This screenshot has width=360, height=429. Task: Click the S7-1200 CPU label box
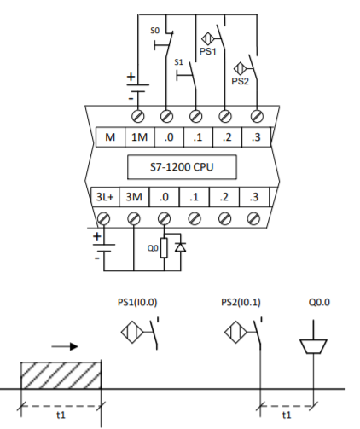pyautogui.click(x=182, y=167)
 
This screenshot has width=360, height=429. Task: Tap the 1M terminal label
pyautogui.click(x=139, y=137)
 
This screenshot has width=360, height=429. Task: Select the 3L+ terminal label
pyautogui.click(x=105, y=197)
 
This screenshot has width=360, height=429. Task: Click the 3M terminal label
pyautogui.click(x=134, y=197)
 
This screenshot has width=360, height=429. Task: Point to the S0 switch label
pyautogui.click(x=155, y=31)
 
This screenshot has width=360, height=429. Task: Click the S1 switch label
pyautogui.click(x=178, y=62)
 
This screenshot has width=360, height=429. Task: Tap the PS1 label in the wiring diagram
pyautogui.click(x=208, y=51)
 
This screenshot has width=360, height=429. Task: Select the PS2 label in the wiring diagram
pyautogui.click(x=240, y=81)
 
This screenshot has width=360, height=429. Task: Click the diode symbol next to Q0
pyautogui.click(x=181, y=247)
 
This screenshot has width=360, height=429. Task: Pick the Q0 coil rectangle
pyautogui.click(x=164, y=248)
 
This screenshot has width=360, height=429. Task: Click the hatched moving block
pyautogui.click(x=61, y=375)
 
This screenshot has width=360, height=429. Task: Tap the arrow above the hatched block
pyautogui.click(x=65, y=346)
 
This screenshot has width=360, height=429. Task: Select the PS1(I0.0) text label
pyautogui.click(x=137, y=302)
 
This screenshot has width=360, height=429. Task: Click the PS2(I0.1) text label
pyautogui.click(x=241, y=302)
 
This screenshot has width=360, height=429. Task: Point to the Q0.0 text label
pyautogui.click(x=319, y=302)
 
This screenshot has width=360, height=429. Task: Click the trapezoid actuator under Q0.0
pyautogui.click(x=313, y=346)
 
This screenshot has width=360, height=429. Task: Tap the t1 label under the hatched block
pyautogui.click(x=61, y=415)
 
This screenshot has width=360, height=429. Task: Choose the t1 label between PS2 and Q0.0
pyautogui.click(x=287, y=415)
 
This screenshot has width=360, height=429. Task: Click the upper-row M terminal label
pyautogui.click(x=110, y=137)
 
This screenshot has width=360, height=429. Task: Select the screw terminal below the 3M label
pyautogui.click(x=134, y=219)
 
